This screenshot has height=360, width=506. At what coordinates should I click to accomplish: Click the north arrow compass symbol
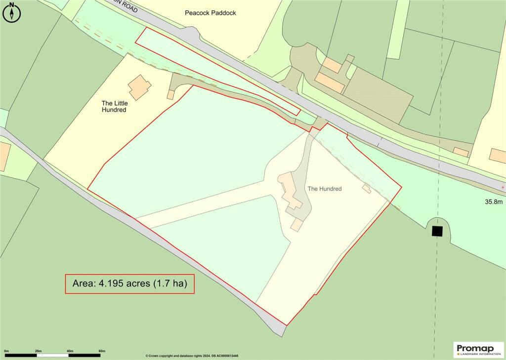12,13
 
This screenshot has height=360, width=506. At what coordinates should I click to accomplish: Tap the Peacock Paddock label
211,13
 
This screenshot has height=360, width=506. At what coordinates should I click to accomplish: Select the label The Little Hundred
114,106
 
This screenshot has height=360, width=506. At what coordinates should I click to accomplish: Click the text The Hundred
325,189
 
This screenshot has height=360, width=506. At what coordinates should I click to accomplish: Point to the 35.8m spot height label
494,202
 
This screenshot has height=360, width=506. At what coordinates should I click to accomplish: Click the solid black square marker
437,231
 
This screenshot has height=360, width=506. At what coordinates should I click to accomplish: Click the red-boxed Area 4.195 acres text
129,284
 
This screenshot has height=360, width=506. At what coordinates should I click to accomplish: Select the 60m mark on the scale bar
102,351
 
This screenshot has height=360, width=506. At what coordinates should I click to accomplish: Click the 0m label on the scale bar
6,351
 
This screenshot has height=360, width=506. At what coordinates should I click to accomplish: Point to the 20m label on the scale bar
38,351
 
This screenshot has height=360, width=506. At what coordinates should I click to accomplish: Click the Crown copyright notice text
192,356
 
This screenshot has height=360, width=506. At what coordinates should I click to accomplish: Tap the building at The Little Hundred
140,88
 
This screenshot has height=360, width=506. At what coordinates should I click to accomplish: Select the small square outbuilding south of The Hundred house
296,225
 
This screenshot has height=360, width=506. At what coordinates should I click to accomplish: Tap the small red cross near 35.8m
503,188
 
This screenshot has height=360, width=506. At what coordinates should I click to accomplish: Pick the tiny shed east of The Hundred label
367,188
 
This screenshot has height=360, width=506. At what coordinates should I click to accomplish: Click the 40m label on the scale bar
70,351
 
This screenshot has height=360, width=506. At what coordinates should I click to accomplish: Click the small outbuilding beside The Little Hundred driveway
170,94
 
